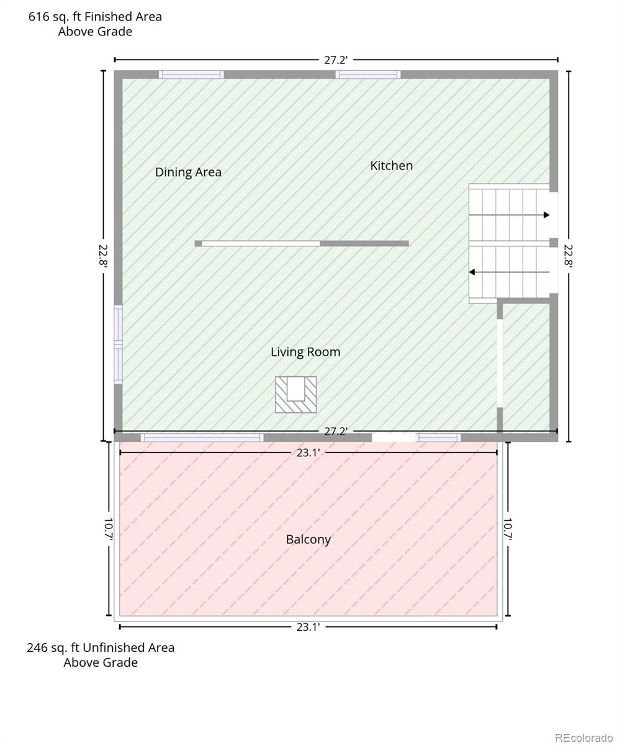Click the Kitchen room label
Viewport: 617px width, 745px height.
coord(391,166)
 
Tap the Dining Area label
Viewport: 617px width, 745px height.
coord(188,173)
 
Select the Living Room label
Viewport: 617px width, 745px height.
coord(305,352)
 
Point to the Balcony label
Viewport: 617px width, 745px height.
coord(308,539)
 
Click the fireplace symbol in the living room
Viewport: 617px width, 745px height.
coord(295,394)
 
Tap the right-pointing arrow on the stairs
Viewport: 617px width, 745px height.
coord(509,215)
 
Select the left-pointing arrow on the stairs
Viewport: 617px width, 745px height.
coord(509,273)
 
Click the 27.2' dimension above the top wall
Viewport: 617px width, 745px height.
coord(335,60)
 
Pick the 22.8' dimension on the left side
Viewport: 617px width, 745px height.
coord(104,255)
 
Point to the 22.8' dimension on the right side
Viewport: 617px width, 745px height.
coord(569,255)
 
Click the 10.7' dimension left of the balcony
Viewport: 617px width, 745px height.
coord(109,530)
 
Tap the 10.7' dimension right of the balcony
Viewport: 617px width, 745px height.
coord(508,530)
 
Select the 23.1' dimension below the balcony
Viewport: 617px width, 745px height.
coord(308,627)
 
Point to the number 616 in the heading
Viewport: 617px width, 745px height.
coord(38,17)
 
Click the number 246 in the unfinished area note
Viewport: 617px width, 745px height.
coord(37,648)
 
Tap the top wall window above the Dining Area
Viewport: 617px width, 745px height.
coord(191,74)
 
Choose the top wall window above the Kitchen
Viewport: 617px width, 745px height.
coord(368,74)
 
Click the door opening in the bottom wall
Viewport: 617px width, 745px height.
coord(394,438)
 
